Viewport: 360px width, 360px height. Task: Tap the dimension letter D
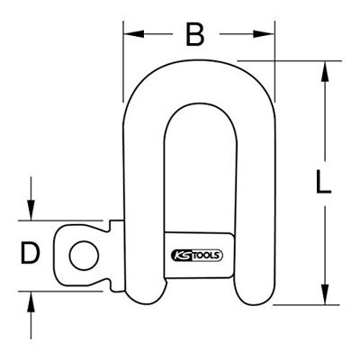[31, 254]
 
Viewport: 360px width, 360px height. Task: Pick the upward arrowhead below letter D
[31, 297]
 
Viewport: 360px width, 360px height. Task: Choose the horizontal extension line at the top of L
[297, 61]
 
